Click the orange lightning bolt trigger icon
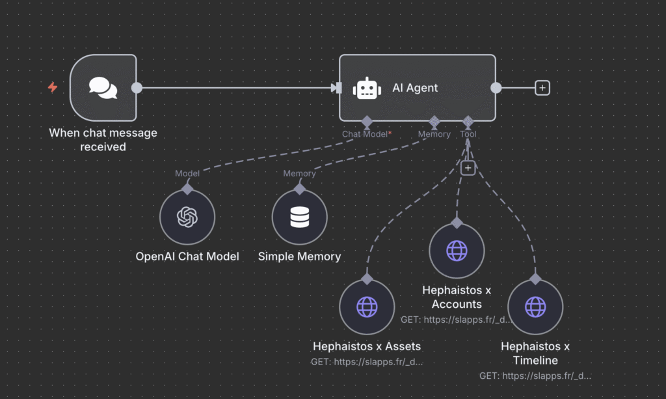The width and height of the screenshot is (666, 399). pyautogui.click(x=53, y=87)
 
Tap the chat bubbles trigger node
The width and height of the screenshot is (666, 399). pyautogui.click(x=103, y=88)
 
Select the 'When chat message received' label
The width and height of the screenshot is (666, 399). pyautogui.click(x=103, y=140)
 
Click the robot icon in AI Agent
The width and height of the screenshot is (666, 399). pyautogui.click(x=367, y=88)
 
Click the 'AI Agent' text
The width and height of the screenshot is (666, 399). pyautogui.click(x=415, y=88)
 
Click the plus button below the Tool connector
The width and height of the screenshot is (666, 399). pyautogui.click(x=468, y=168)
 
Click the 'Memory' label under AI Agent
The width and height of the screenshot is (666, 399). pyautogui.click(x=434, y=134)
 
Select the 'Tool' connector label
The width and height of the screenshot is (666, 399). pyautogui.click(x=468, y=134)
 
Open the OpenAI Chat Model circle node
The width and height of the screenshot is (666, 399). pyautogui.click(x=187, y=217)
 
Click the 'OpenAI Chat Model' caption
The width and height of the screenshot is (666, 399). pyautogui.click(x=187, y=256)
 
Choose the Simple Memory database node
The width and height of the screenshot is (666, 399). pyautogui.click(x=299, y=217)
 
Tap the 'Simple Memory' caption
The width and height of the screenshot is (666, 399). pyautogui.click(x=299, y=256)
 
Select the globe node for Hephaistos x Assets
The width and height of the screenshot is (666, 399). pyautogui.click(x=367, y=307)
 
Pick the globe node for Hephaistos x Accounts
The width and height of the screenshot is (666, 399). pyautogui.click(x=457, y=251)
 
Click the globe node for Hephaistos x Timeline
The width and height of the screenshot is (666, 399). pyautogui.click(x=535, y=307)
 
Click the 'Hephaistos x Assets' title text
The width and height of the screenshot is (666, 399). pyautogui.click(x=367, y=346)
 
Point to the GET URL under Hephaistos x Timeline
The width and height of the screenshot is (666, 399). pyautogui.click(x=535, y=376)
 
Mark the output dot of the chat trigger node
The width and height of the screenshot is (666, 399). pyautogui.click(x=137, y=88)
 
